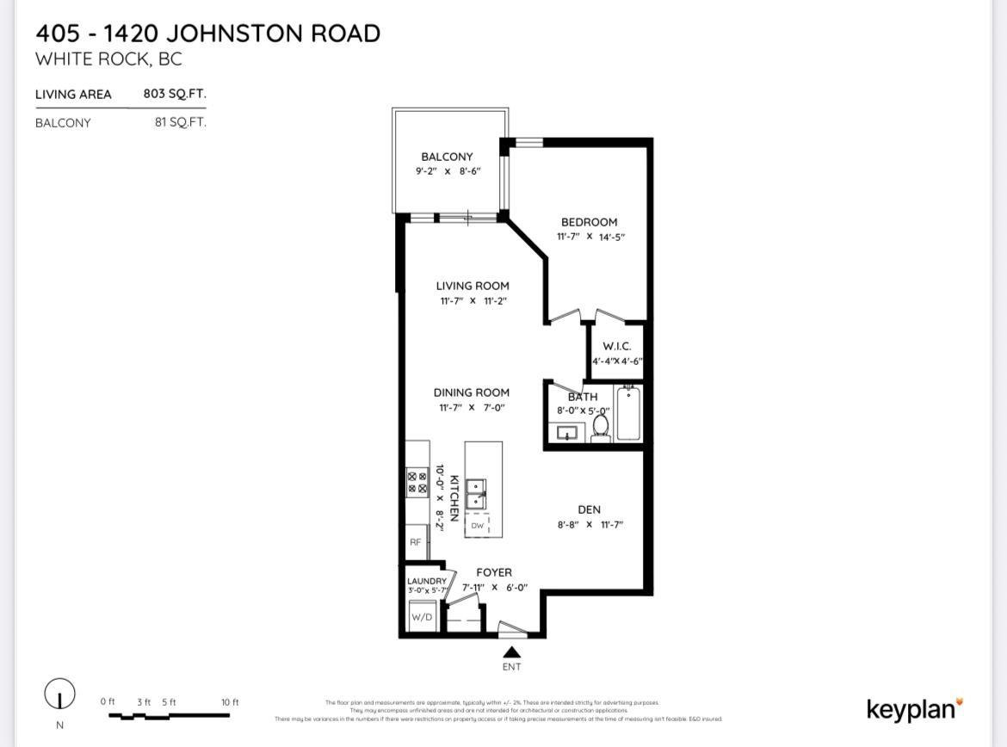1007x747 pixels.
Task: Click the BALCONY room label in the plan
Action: [447, 157]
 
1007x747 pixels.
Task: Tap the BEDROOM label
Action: [589, 222]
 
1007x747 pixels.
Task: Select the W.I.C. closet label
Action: [616, 346]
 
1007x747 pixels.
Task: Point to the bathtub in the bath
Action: [628, 413]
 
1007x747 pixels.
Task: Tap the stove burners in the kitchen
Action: [417, 482]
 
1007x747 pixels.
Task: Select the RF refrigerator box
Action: [416, 542]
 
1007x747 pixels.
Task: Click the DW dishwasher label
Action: [477, 525]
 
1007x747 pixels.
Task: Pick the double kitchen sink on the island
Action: [476, 495]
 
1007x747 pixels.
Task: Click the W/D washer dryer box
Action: [422, 617]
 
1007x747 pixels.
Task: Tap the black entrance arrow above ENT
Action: [511, 652]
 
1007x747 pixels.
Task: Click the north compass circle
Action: [59, 694]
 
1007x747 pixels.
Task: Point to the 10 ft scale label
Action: [230, 702]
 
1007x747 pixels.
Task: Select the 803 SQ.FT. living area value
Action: [175, 94]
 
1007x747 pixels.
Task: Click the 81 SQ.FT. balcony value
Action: [180, 122]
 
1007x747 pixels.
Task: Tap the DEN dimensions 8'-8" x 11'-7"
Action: [590, 524]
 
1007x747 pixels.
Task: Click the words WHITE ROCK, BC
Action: [108, 59]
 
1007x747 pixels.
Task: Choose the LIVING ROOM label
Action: [473, 286]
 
